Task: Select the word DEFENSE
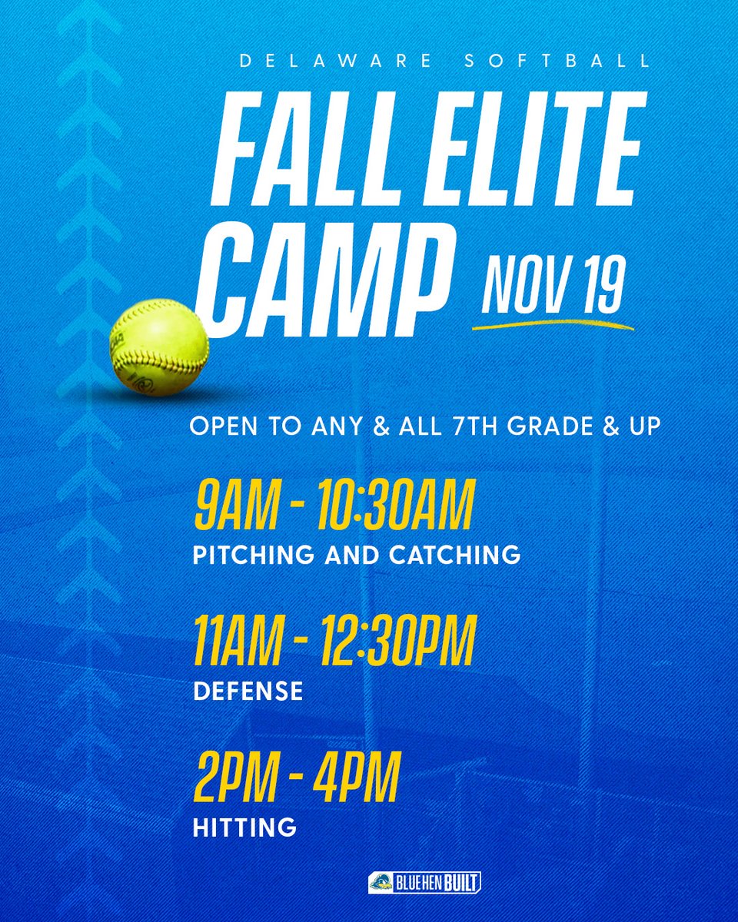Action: pyautogui.click(x=248, y=691)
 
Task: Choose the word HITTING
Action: pyautogui.click(x=244, y=827)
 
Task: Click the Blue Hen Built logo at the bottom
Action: pyautogui.click(x=424, y=882)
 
